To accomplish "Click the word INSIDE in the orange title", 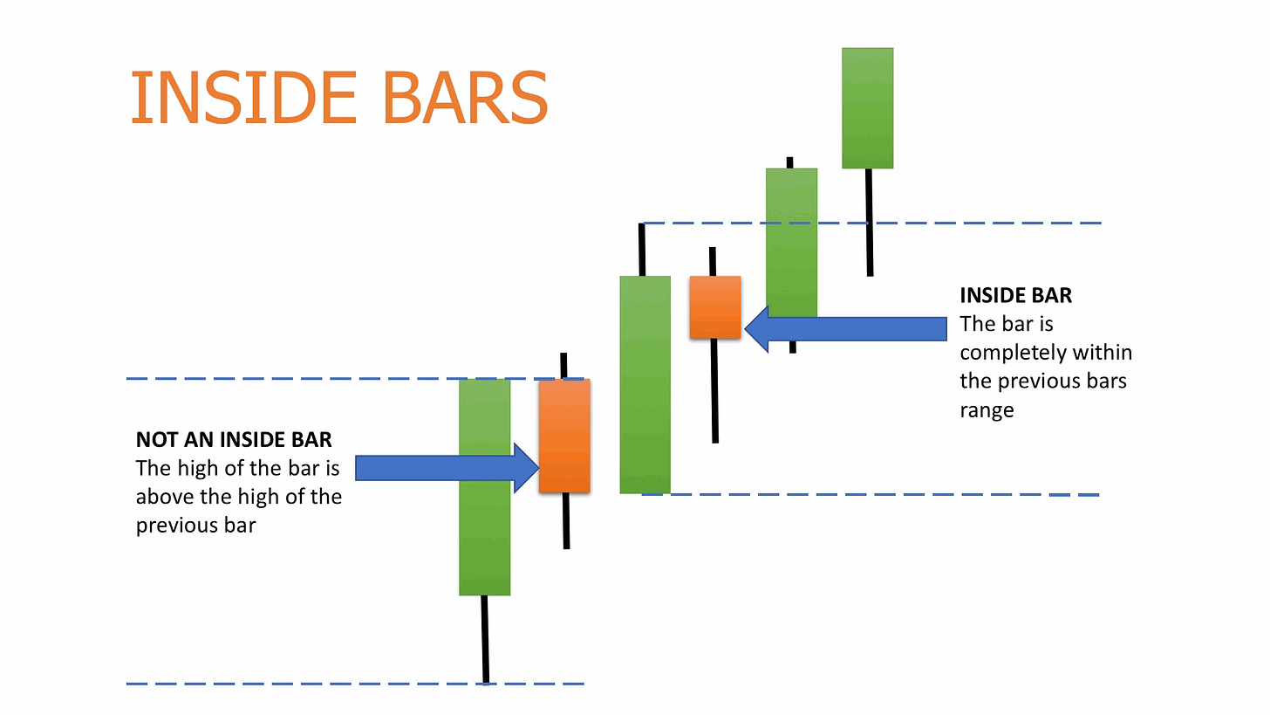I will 243,97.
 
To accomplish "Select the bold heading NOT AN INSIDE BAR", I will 234,439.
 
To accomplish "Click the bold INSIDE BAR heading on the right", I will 1015,295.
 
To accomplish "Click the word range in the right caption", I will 987,410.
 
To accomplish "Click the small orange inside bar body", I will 714,307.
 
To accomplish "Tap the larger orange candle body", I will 564,436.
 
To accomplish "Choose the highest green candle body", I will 867,107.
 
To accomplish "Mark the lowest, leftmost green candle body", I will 484,487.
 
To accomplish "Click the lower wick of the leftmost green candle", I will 485,639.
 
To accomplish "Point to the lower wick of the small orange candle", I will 714,390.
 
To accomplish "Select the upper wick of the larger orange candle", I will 563,365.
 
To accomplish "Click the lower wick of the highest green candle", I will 869,222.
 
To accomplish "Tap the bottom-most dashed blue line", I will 262,684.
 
